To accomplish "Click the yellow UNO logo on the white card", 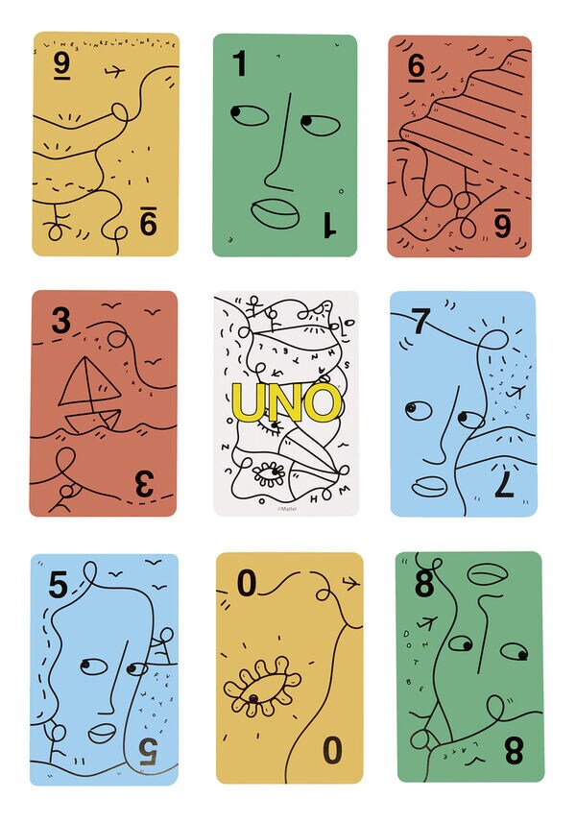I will (287, 402).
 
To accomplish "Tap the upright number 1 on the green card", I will (239, 64).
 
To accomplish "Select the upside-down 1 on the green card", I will (328, 225).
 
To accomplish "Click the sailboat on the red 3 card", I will (89, 397).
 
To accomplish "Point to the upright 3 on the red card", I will (61, 320).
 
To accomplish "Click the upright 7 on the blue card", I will (420, 322).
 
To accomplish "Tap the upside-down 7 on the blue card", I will (504, 484).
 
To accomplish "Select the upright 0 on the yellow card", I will (248, 583).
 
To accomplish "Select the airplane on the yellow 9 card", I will (114, 70).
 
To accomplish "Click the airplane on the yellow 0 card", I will (348, 581).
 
